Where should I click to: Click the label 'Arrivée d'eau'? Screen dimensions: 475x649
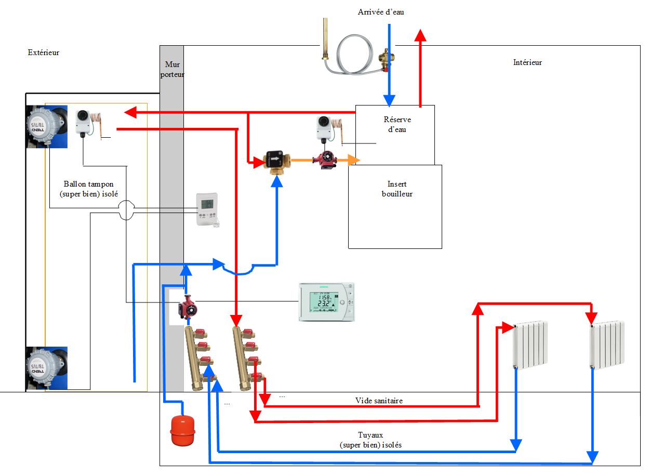coord(381,12)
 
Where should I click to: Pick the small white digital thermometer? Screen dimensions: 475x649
coord(207,209)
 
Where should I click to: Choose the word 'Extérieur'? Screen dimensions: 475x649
coord(43,52)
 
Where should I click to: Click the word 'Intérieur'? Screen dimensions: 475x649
coord(527,62)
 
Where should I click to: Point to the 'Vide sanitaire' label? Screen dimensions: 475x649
coord(379,401)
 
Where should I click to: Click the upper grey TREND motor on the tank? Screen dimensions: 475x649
coord(47,126)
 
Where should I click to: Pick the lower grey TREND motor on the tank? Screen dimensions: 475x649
coord(47,368)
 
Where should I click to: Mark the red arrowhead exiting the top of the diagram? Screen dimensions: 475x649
coord(421,35)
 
